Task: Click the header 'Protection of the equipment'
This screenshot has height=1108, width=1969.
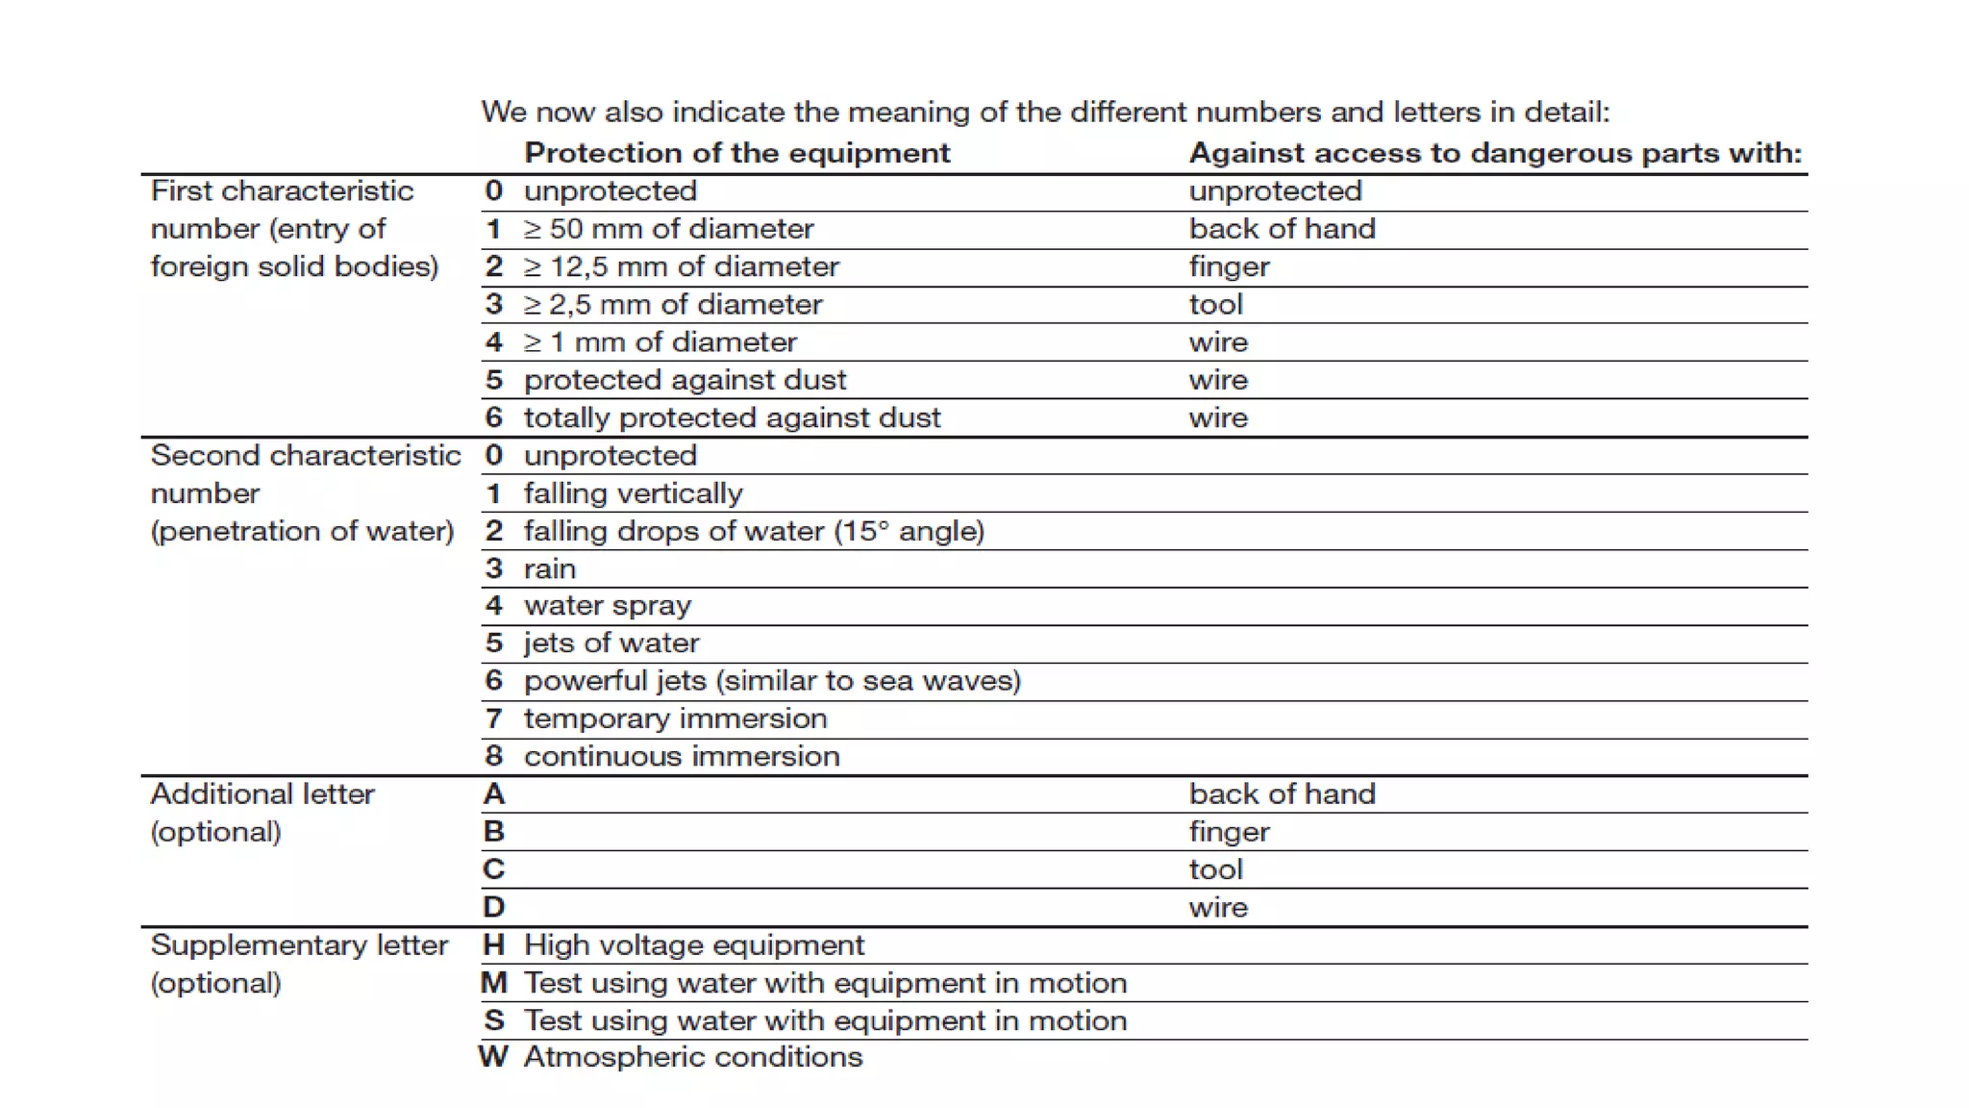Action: point(736,153)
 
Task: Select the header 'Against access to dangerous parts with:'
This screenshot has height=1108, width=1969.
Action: point(1495,153)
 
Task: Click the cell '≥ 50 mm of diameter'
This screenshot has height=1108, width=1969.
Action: point(668,229)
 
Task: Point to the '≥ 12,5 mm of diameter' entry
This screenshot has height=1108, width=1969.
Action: point(681,266)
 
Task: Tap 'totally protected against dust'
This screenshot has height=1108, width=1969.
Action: point(732,417)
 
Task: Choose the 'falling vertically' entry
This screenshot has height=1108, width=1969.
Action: point(633,493)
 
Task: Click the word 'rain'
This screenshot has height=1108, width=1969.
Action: point(549,568)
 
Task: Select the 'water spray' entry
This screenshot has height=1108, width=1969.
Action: point(607,606)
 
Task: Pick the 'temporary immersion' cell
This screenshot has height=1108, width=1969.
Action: point(675,718)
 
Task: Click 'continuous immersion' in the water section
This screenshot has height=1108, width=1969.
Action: point(681,756)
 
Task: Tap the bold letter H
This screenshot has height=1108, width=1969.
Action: point(493,945)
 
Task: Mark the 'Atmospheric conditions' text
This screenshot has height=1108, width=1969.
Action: point(692,1057)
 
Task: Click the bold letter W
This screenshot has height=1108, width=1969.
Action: point(493,1057)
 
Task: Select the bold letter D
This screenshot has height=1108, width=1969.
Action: point(493,907)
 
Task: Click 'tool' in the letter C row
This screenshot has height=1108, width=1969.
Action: point(1215,869)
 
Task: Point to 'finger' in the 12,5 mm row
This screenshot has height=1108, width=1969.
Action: point(1229,266)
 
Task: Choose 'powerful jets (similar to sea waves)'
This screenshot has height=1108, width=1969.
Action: point(772,681)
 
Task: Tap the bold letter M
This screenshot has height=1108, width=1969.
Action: point(493,983)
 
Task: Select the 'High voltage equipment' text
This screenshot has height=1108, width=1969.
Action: point(693,945)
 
